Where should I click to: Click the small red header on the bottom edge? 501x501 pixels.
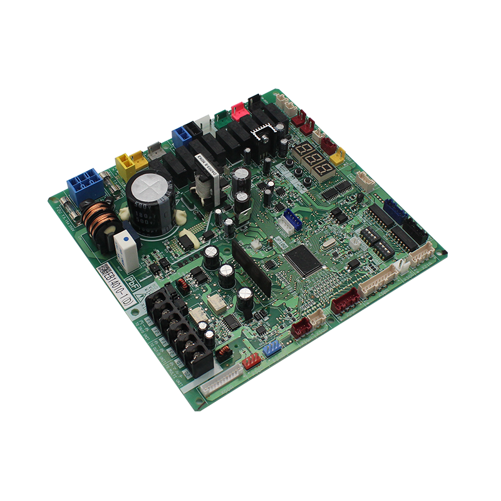coord(252,359)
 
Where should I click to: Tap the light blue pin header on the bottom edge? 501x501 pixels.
coord(272,348)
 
